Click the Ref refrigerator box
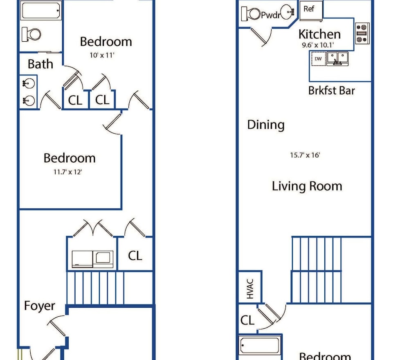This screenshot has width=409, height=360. pos(311,11)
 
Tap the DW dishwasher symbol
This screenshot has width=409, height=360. pos(318,59)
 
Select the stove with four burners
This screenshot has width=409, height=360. pos(362,33)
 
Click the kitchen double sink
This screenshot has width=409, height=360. pos(337,59)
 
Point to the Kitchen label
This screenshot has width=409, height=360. pos(319,34)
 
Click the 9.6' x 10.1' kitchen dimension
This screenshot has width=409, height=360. pos(318,45)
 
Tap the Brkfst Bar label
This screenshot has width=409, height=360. pos(332,91)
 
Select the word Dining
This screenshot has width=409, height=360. pos(266,125)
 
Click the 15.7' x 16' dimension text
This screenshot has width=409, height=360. pos(305,155)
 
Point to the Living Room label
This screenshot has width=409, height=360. pos(307,186)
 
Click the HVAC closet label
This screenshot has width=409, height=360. pos(250,288)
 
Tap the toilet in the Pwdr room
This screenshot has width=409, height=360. pos(251,13)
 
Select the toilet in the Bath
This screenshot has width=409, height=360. pos(31,34)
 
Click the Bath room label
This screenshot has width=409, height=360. pos(40,64)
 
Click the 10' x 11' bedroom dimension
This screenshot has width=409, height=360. pos(102,55)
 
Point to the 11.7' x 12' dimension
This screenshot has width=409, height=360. pos(68,172)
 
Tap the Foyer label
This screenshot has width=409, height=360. pos(40,306)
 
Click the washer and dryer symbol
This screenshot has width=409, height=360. pos(92,259)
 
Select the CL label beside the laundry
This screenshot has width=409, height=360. pos(135,256)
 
